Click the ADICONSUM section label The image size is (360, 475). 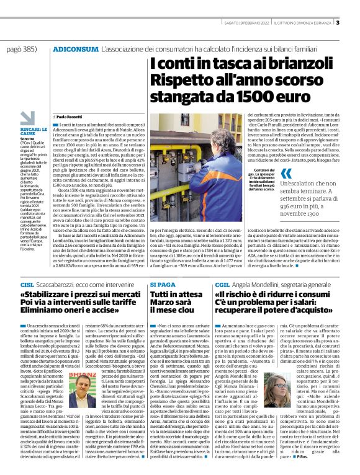click(x=74, y=48)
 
